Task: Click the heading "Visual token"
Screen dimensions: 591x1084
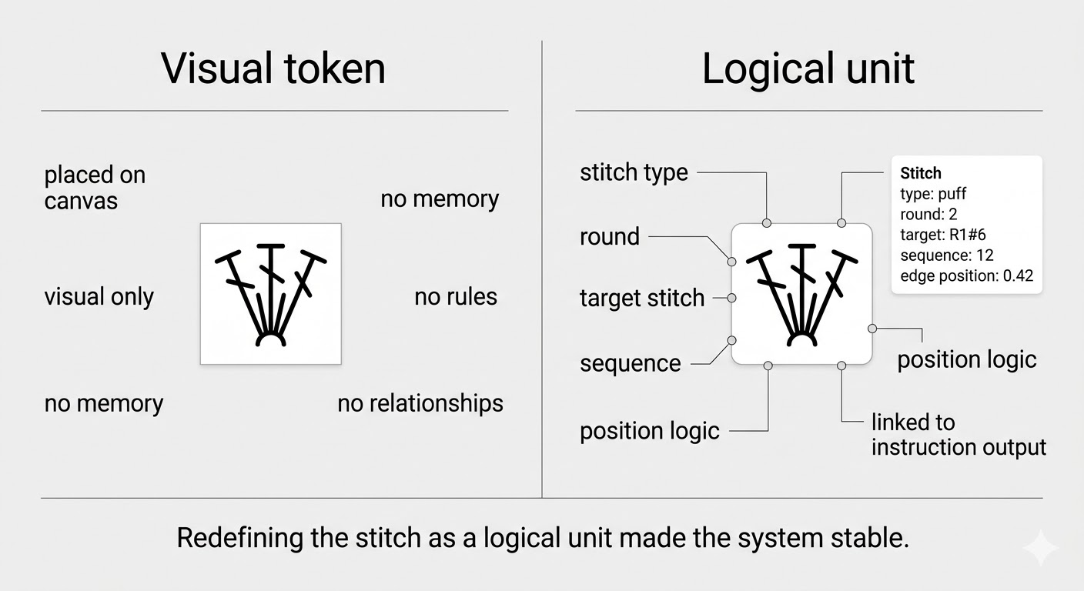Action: (273, 68)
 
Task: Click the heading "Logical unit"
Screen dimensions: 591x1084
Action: (808, 68)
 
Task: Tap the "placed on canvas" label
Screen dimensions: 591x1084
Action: (95, 188)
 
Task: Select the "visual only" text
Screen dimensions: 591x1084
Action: (99, 297)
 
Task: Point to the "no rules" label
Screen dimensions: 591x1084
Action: (456, 297)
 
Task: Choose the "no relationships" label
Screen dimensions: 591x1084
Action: (420, 403)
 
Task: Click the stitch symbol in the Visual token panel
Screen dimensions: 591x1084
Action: (270, 294)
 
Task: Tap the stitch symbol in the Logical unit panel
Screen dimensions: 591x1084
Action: (801, 294)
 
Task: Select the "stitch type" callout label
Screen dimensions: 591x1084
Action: (634, 172)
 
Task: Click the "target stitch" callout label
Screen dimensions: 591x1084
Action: (642, 298)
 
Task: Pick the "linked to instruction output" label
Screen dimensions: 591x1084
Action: (959, 435)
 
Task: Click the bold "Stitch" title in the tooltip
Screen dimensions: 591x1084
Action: (921, 173)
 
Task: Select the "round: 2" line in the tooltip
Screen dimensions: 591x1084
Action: (928, 214)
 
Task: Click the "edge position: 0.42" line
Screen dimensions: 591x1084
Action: (966, 275)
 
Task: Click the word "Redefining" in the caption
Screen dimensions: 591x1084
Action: (238, 538)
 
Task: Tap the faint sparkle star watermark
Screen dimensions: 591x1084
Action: (1040, 547)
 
